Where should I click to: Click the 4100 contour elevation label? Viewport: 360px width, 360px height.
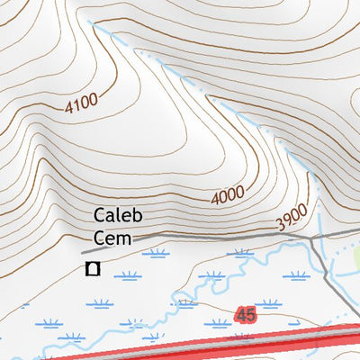80,103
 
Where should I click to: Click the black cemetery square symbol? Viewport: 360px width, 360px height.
91,268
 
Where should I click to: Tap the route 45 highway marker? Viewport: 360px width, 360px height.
244,315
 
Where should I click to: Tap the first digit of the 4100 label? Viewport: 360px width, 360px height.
68,110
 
